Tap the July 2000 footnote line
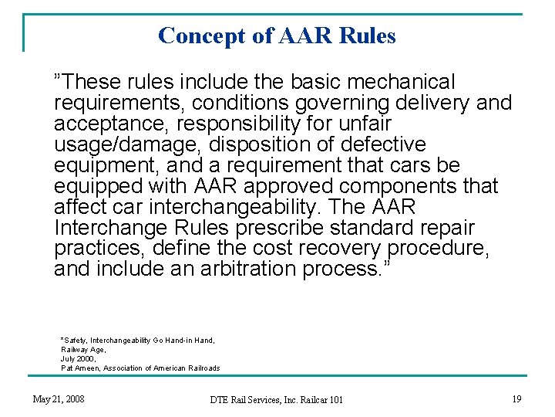(x=77, y=358)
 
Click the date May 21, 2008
(x=59, y=398)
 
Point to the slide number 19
(x=516, y=398)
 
